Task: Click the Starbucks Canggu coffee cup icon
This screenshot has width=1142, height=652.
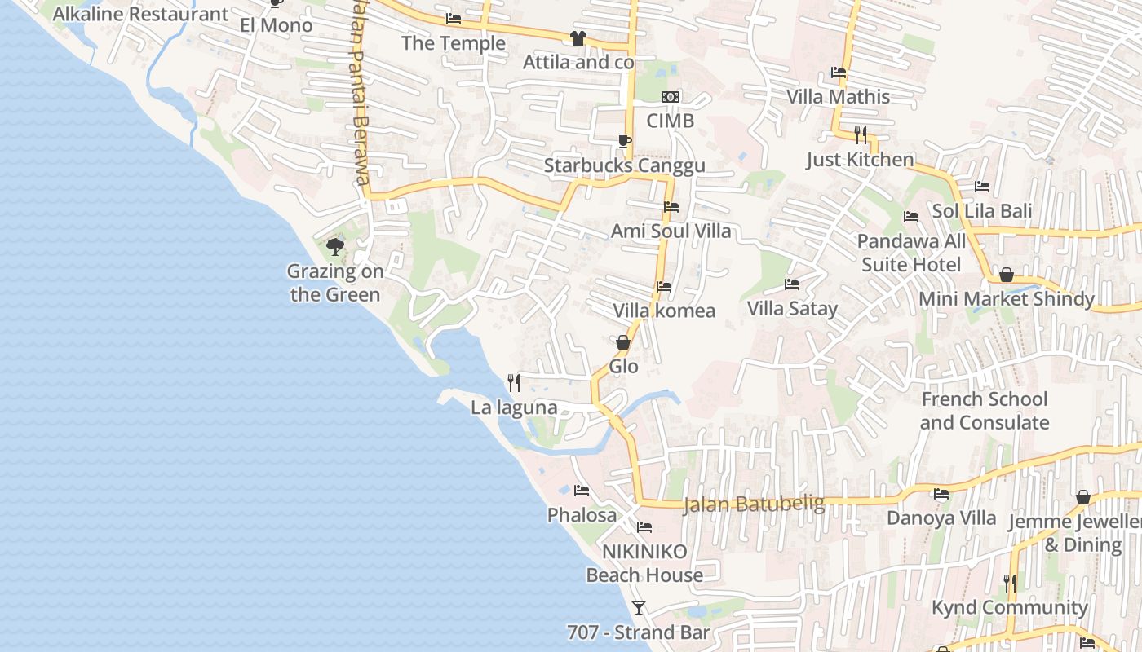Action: (624, 142)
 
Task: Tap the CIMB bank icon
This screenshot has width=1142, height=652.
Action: (671, 97)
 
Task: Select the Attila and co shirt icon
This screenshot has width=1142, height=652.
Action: (578, 38)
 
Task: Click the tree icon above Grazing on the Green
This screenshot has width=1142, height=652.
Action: (334, 247)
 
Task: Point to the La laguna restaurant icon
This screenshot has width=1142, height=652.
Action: (514, 382)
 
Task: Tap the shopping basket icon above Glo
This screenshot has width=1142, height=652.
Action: (623, 342)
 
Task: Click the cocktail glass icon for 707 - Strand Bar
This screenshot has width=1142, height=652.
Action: (639, 608)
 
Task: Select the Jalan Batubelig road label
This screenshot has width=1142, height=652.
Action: (754, 504)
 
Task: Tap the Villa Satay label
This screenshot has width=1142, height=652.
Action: (792, 309)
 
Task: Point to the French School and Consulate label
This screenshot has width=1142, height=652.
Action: (984, 411)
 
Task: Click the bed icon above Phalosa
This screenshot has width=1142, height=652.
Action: (582, 491)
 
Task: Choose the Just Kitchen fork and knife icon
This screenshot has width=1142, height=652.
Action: (861, 134)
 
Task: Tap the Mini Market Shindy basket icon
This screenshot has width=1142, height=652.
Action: (1006, 275)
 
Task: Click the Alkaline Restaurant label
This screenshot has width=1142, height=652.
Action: (140, 14)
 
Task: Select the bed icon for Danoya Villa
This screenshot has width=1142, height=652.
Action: (941, 494)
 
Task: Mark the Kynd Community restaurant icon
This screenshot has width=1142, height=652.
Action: (1010, 583)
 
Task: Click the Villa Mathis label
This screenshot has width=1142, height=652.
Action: (838, 97)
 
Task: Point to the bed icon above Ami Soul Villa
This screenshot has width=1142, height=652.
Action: (671, 207)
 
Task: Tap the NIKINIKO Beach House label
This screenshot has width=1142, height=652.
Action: (644, 563)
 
